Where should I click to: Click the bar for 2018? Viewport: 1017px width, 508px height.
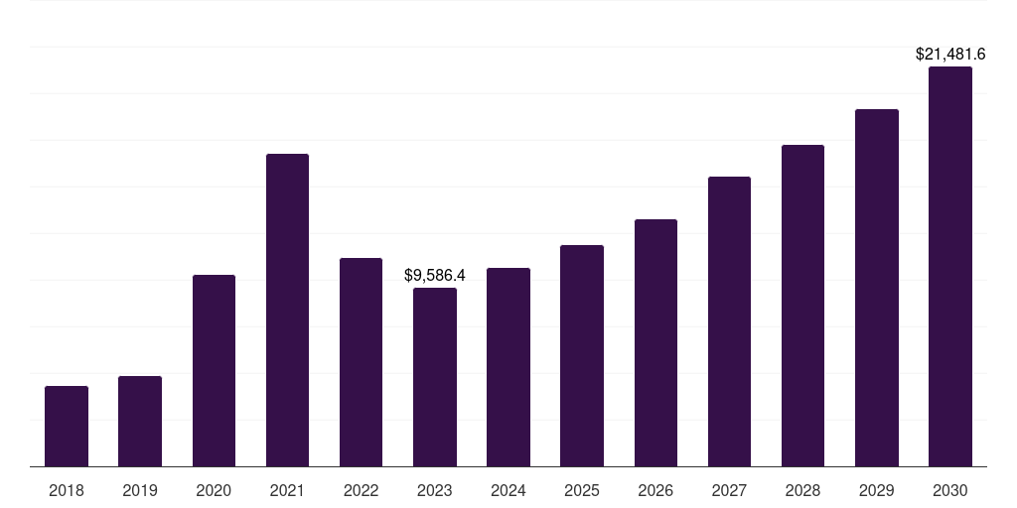tap(67, 426)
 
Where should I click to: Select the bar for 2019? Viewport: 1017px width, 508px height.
tap(140, 421)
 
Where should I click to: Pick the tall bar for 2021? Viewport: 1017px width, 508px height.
tap(287, 310)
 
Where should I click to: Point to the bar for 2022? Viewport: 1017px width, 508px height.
tap(361, 362)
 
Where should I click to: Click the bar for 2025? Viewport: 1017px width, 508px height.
tap(582, 355)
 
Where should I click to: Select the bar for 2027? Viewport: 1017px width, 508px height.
tap(729, 321)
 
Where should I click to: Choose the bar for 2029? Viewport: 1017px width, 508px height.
tap(877, 288)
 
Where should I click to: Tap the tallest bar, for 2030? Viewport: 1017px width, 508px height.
tap(950, 266)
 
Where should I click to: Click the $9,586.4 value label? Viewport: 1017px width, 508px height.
tap(434, 275)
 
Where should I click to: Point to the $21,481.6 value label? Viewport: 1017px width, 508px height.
tap(950, 55)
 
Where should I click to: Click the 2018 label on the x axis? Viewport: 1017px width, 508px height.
tap(67, 490)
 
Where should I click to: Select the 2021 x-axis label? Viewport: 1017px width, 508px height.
tap(287, 490)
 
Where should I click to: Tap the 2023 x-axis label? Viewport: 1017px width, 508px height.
tap(434, 490)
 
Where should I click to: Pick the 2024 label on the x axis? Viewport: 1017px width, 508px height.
tap(508, 490)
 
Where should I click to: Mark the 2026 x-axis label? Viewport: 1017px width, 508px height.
tap(655, 490)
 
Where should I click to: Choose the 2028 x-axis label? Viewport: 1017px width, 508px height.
tap(802, 490)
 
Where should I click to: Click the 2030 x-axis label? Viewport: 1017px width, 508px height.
tap(950, 490)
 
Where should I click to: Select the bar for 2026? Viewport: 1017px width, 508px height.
tap(655, 342)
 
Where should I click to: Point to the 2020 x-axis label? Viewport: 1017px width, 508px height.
tap(214, 490)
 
